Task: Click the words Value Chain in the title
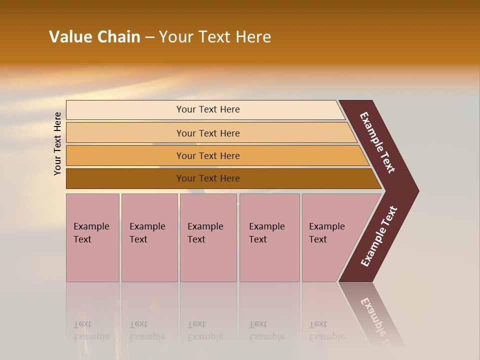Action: pyautogui.click(x=94, y=37)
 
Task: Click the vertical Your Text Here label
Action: pyautogui.click(x=57, y=143)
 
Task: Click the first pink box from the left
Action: pyautogui.click(x=92, y=260)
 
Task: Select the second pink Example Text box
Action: pyautogui.click(x=149, y=260)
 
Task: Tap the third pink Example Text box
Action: pyautogui.click(x=208, y=260)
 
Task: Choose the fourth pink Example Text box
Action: pyautogui.click(x=269, y=260)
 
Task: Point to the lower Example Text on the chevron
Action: pyautogui.click(x=379, y=236)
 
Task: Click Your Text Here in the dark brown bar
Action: pyautogui.click(x=208, y=178)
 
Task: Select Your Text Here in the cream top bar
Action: pyautogui.click(x=208, y=109)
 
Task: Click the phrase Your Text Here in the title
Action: pyautogui.click(x=215, y=37)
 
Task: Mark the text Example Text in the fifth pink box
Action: pyautogui.click(x=326, y=232)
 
